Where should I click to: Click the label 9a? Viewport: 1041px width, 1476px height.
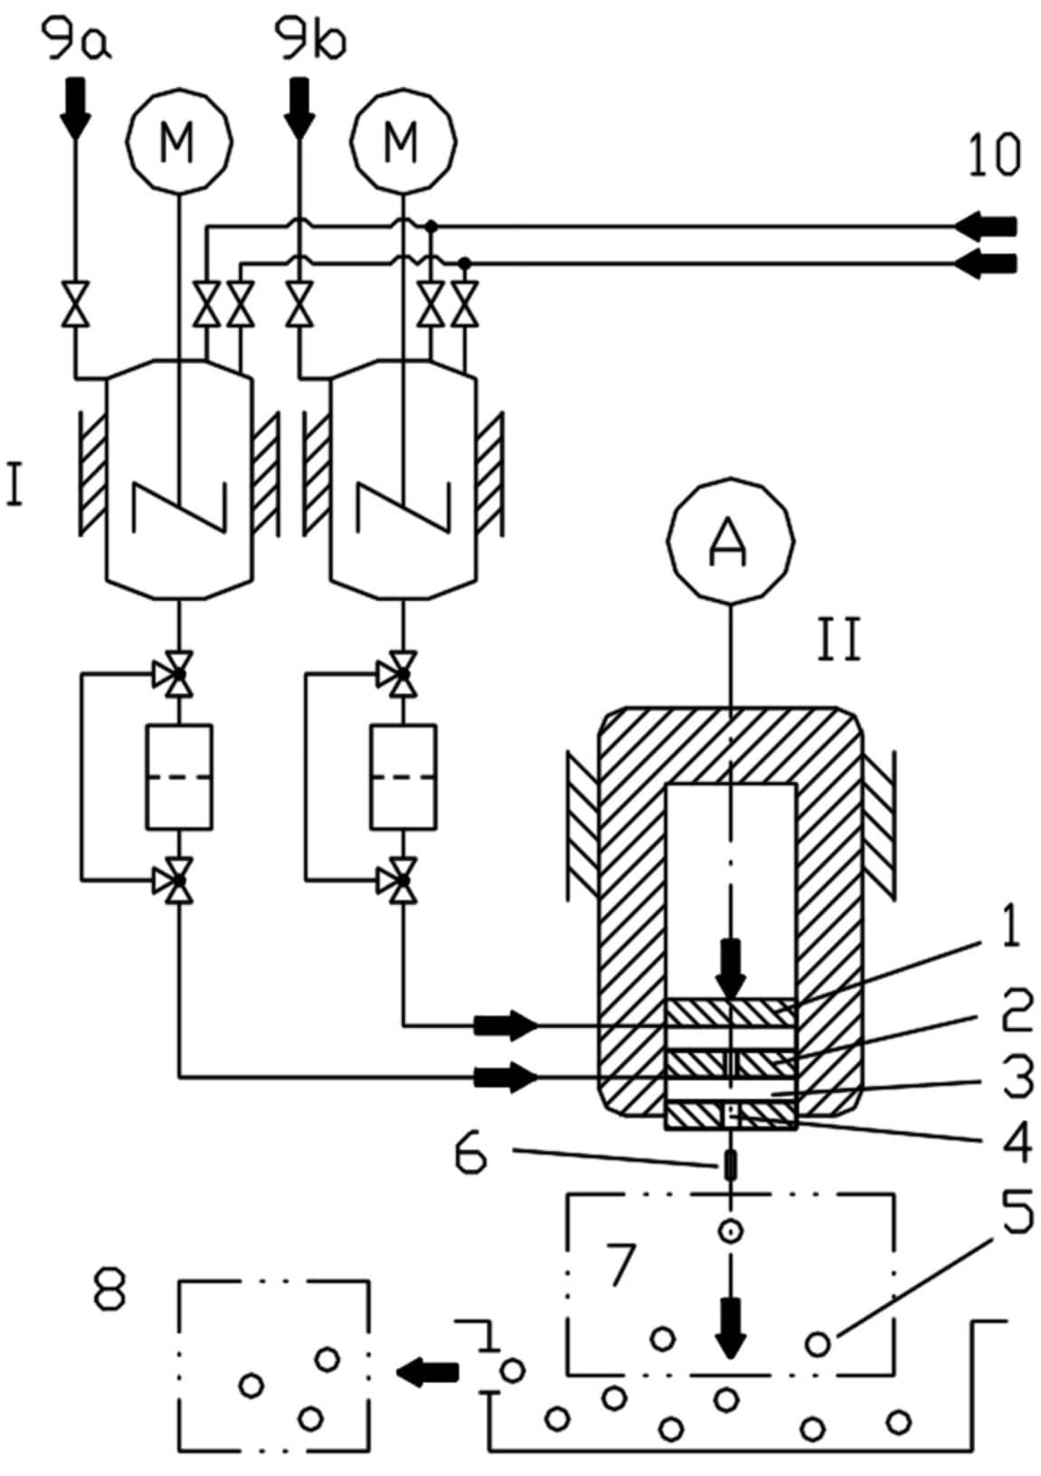pyautogui.click(x=79, y=42)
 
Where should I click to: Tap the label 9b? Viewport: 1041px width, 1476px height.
pyautogui.click(x=310, y=42)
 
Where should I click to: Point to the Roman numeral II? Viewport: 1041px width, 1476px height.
pyautogui.click(x=839, y=640)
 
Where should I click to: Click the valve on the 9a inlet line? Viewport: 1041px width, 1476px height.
pyautogui.click(x=75, y=304)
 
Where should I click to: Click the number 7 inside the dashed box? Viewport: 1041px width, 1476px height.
pyautogui.click(x=621, y=1264)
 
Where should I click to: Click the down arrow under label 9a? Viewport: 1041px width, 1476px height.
pyautogui.click(x=75, y=106)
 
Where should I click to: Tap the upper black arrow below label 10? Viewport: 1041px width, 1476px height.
pyautogui.click(x=988, y=224)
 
